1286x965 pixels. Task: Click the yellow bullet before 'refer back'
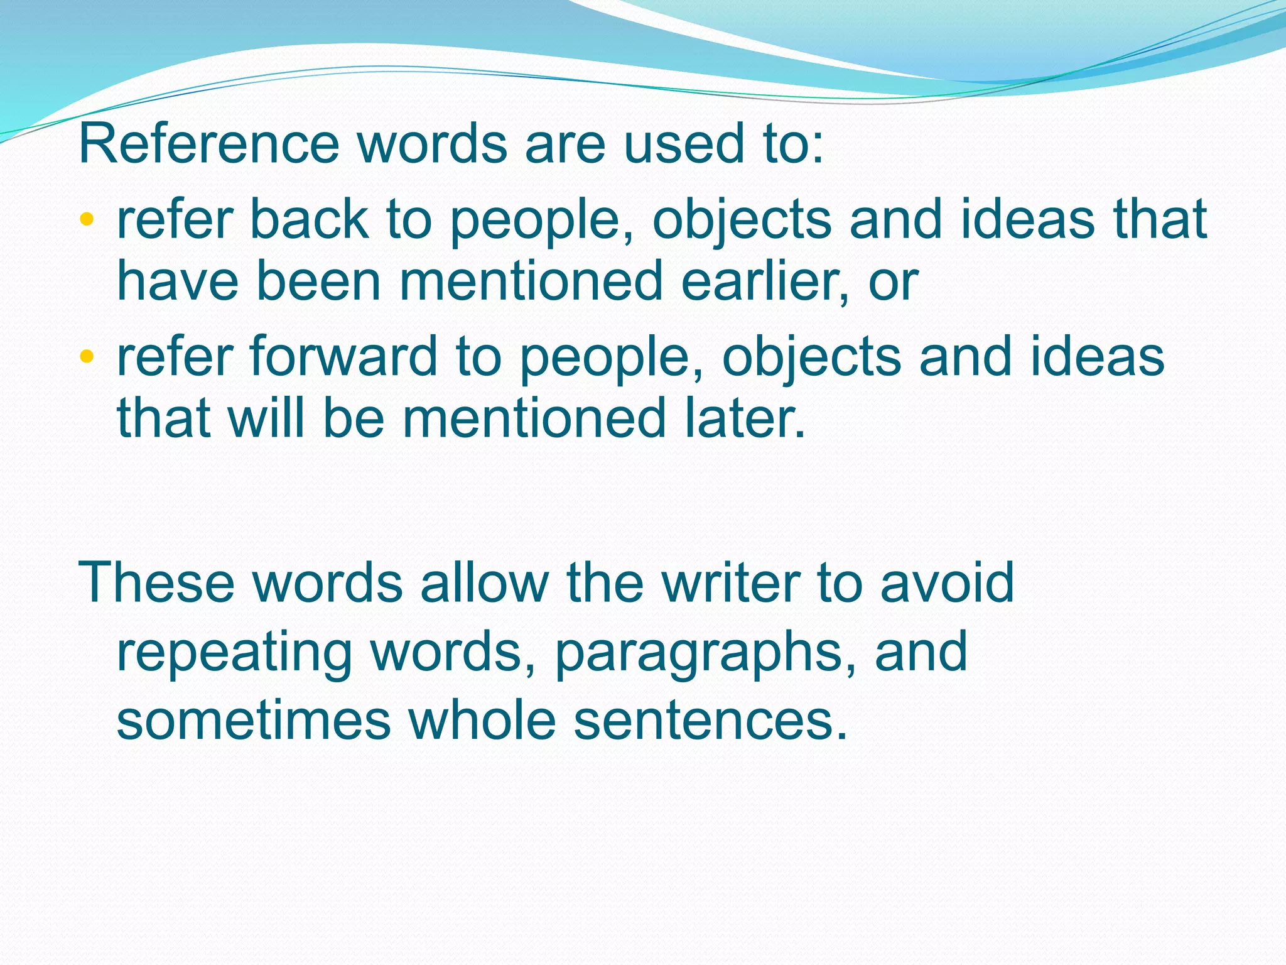click(87, 219)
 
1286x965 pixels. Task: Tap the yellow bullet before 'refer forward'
click(87, 357)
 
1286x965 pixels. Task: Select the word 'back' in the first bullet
click(310, 219)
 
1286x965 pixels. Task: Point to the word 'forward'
click(344, 357)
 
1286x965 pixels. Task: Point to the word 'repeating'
click(234, 653)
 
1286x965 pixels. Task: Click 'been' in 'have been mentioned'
click(319, 281)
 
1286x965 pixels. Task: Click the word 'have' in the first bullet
click(178, 281)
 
